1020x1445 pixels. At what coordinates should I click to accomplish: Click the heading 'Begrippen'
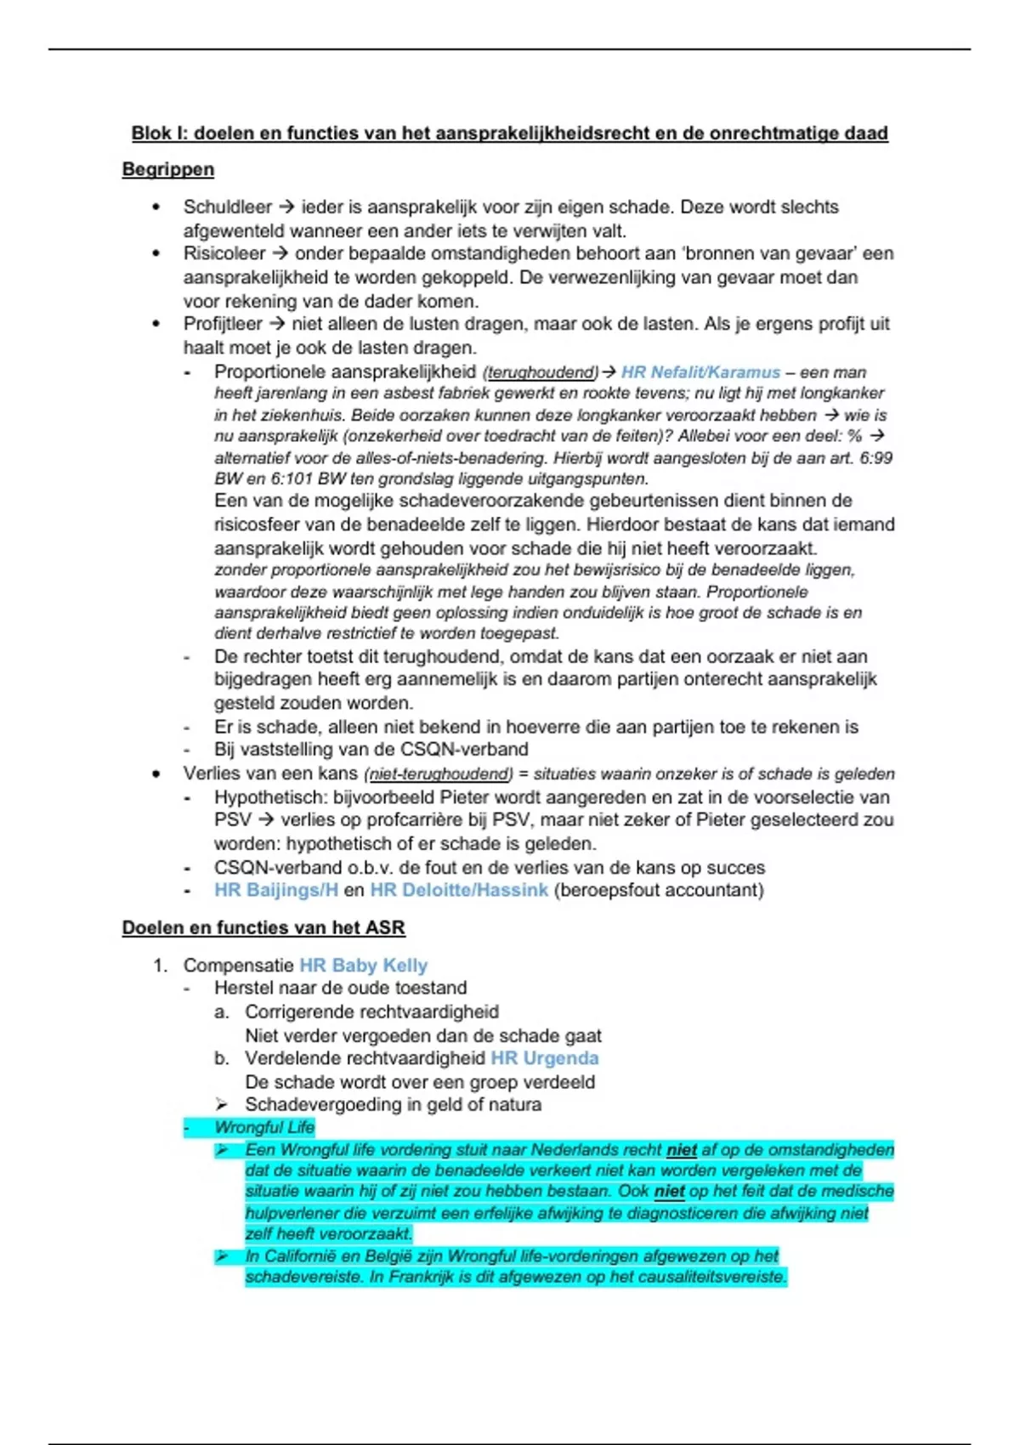167,169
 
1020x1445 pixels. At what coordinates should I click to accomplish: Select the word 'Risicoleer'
224,253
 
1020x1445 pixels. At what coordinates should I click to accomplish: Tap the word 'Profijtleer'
223,324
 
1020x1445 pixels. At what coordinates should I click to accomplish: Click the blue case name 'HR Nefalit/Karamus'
700,372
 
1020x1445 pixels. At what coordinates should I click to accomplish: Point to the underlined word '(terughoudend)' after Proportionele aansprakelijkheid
540,372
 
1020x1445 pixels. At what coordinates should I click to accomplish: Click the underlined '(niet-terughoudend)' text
438,774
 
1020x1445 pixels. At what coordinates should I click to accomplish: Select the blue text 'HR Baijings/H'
276,890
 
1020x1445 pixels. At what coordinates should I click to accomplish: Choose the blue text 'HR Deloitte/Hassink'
459,890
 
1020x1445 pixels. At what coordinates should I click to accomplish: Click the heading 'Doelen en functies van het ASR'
263,927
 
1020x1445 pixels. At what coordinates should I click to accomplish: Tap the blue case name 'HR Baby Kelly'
363,966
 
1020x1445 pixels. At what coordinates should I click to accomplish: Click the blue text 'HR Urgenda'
545,1058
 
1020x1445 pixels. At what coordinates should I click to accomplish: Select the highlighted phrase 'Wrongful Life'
264,1127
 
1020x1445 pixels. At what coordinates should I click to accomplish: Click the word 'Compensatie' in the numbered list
239,966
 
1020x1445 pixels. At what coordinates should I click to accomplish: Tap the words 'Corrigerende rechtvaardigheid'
371,1012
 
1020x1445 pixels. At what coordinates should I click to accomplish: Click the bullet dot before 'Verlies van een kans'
156,774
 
